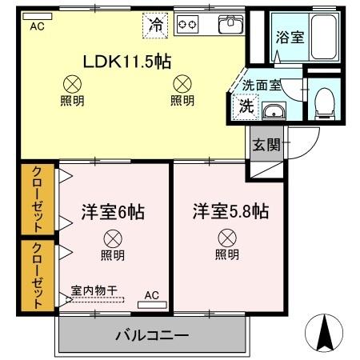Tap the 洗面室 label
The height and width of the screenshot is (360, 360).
coord(262,83)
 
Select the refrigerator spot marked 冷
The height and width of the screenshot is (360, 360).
coord(157,24)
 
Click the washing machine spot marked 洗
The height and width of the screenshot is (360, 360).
coord(243,104)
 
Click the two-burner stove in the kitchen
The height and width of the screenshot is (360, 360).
coord(187,24)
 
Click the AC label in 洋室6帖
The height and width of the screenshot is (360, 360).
coord(151,295)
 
